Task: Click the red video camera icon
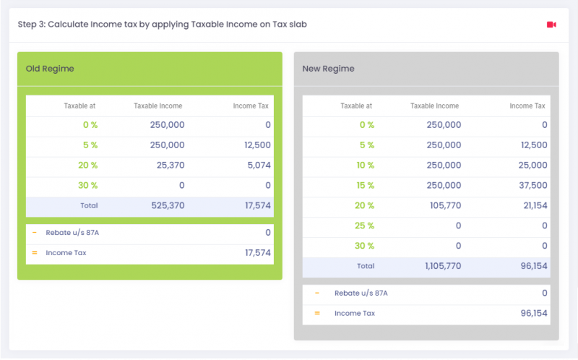pyautogui.click(x=551, y=25)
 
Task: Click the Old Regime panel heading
pyautogui.click(x=50, y=69)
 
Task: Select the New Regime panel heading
pyautogui.click(x=329, y=69)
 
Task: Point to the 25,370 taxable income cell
pyautogui.click(x=171, y=165)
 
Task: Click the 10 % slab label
pyautogui.click(x=367, y=165)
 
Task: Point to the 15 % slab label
pyautogui.click(x=367, y=185)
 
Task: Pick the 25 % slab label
pyautogui.click(x=367, y=226)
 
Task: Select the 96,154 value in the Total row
pyautogui.click(x=534, y=266)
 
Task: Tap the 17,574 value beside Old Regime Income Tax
pyautogui.click(x=258, y=253)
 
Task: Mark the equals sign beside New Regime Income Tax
pyautogui.click(x=317, y=313)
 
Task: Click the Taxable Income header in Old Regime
pyautogui.click(x=158, y=106)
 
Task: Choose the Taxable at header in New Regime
pyautogui.click(x=356, y=106)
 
